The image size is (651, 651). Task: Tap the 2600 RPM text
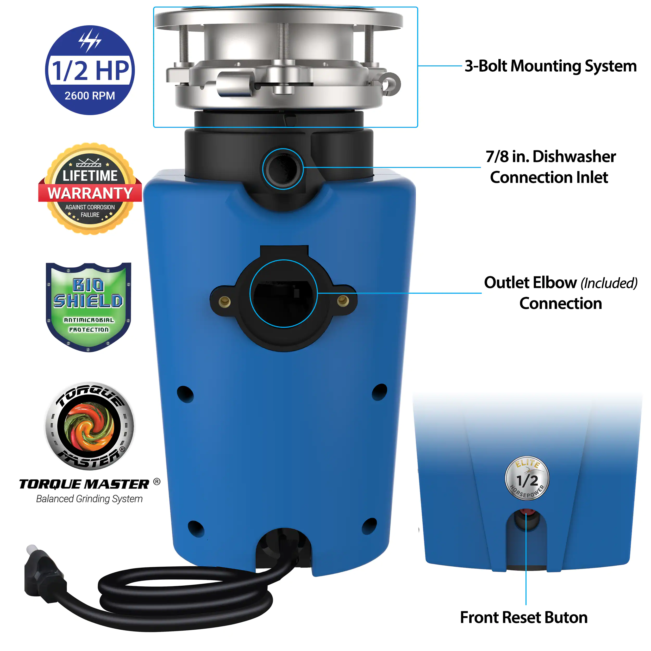point(90,96)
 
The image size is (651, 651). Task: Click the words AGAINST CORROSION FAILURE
point(90,211)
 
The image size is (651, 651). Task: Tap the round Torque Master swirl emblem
point(90,426)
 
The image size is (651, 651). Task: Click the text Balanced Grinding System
point(89,499)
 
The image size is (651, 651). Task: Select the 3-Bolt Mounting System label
point(550,66)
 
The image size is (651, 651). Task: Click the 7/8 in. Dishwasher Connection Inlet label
point(550,167)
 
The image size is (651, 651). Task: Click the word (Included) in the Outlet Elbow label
point(609,283)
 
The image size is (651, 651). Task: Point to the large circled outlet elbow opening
point(283,293)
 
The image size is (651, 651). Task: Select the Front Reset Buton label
point(524,617)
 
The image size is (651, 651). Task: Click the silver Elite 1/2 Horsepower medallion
point(527,478)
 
